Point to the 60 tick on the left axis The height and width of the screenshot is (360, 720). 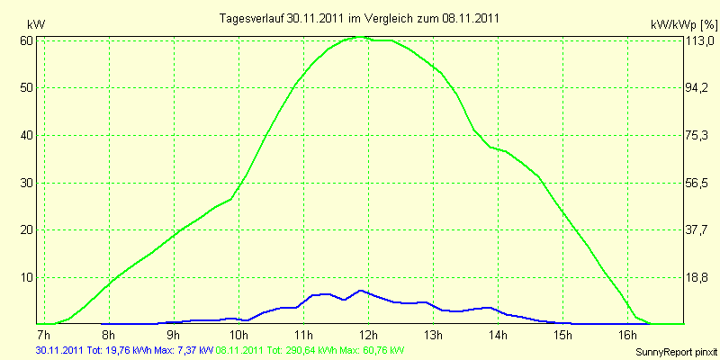27,40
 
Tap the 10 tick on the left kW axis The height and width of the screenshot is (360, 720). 27,277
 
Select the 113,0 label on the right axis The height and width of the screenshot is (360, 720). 699,40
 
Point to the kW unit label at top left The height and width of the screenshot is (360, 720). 36,24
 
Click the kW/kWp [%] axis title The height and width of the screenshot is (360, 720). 684,24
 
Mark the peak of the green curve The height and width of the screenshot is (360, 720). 361,37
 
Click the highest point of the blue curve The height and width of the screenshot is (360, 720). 361,291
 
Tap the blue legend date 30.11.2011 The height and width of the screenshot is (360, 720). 59,351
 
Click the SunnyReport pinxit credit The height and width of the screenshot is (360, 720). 677,352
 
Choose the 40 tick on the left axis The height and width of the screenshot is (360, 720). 27,135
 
